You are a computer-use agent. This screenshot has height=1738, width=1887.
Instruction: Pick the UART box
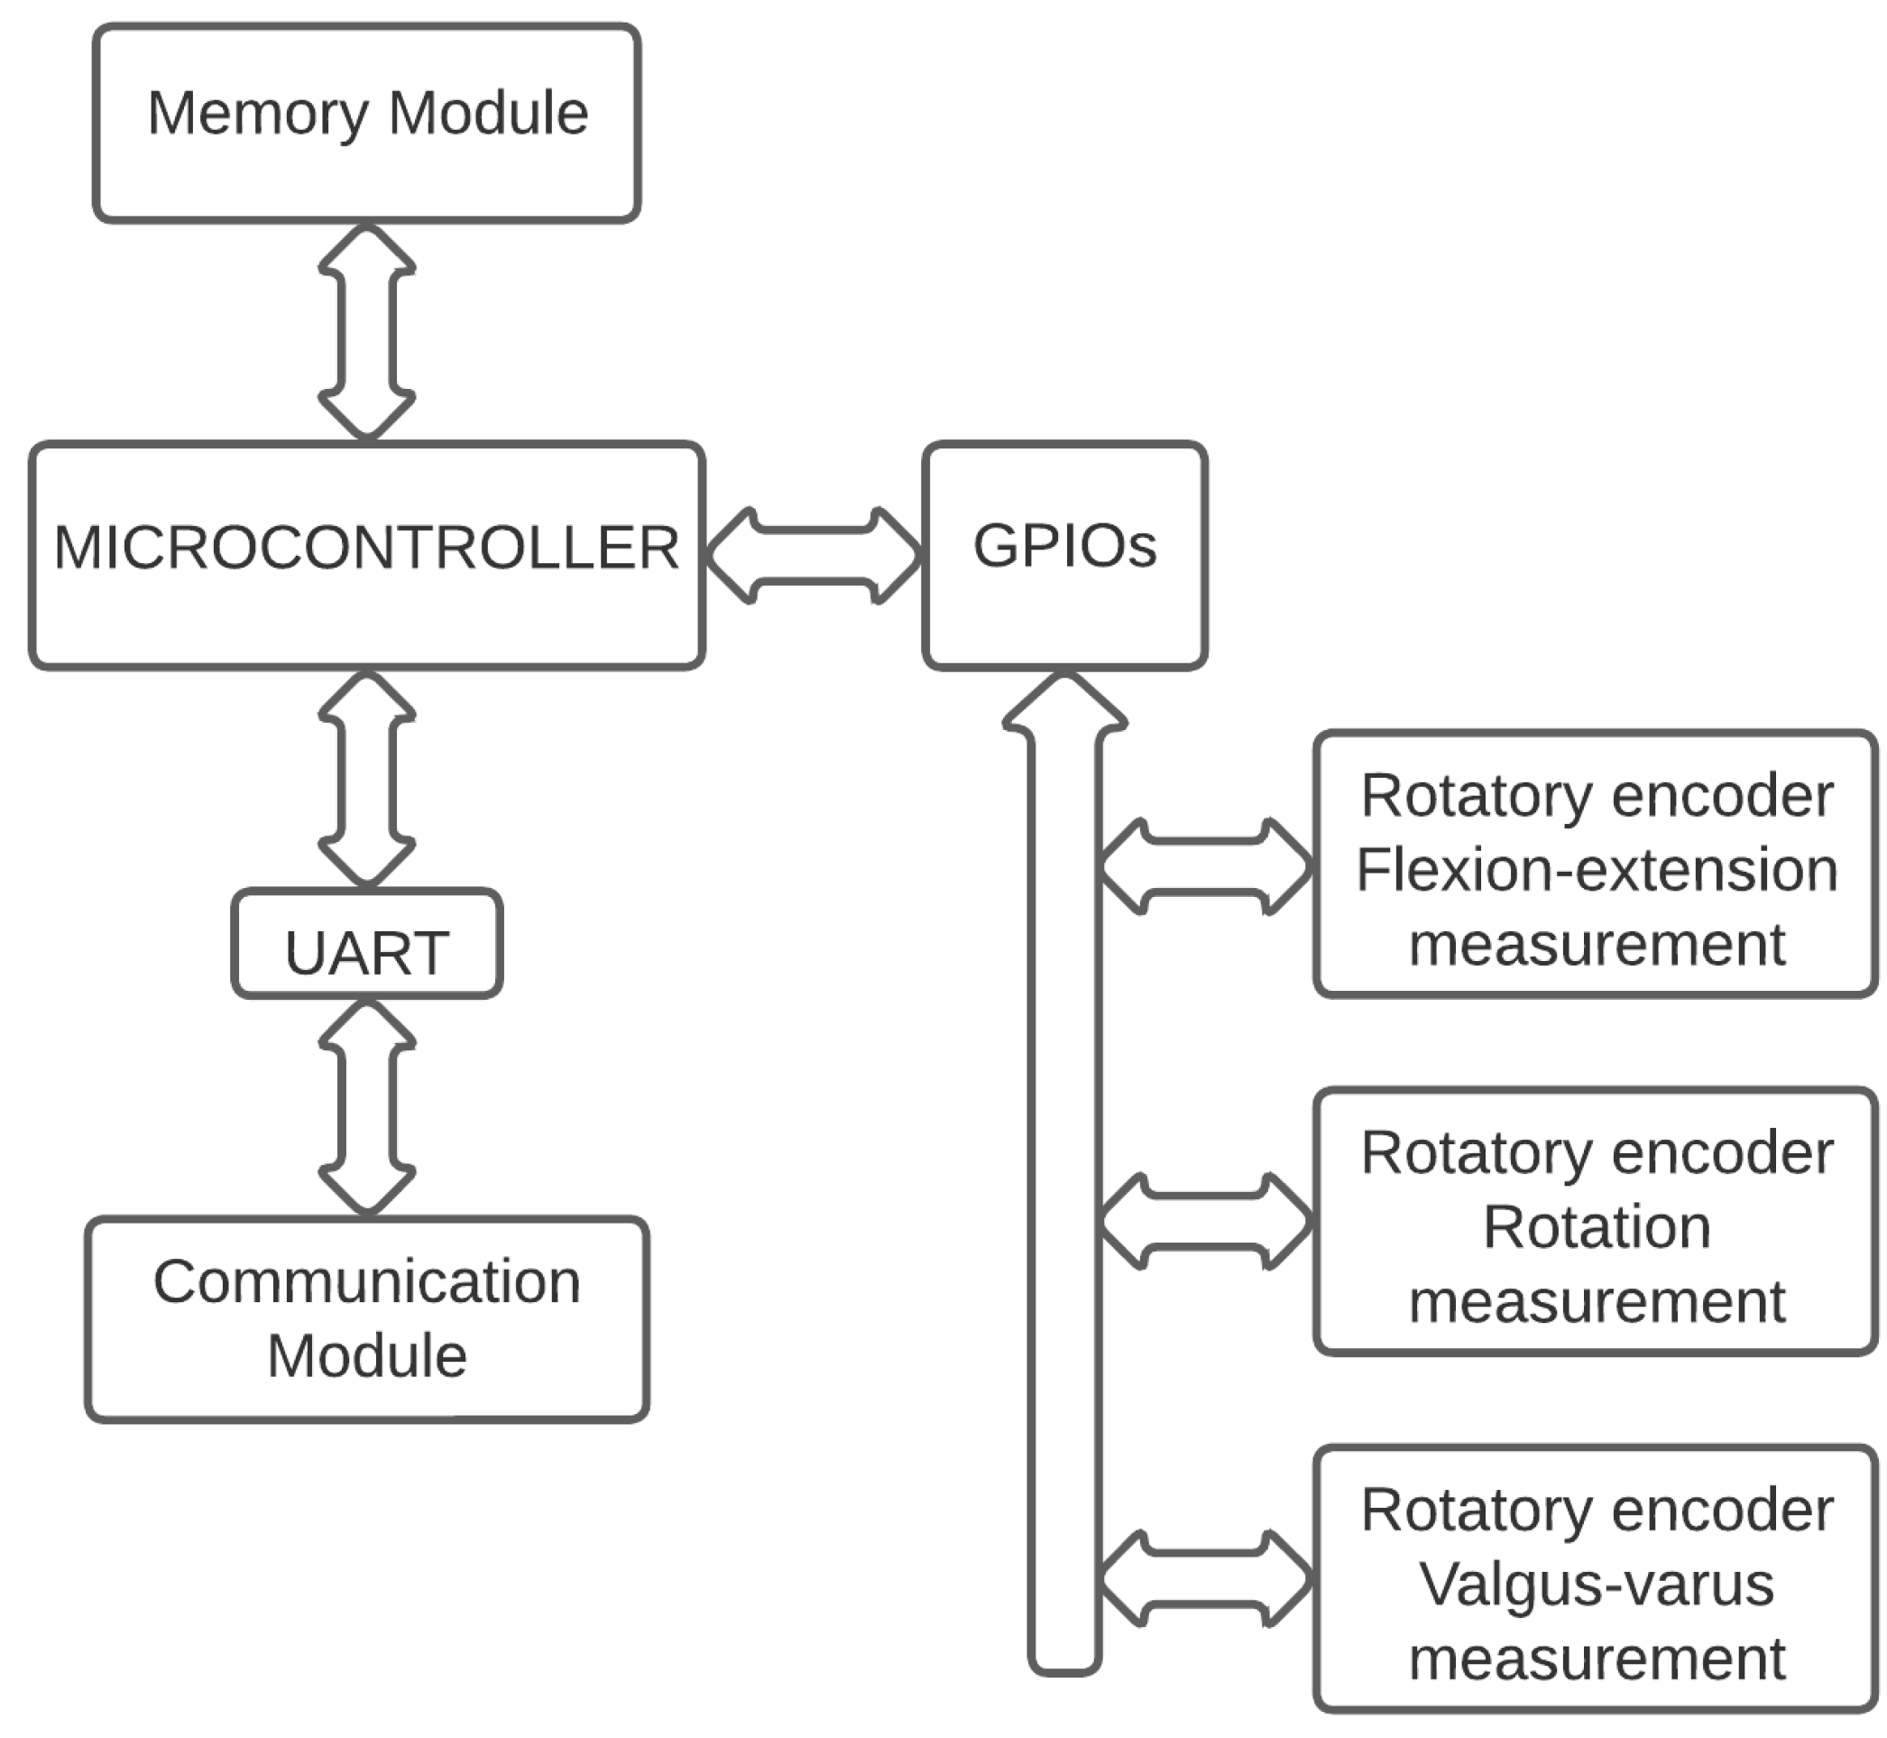[x=367, y=942]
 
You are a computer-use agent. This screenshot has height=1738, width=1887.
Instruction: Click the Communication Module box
[x=367, y=1318]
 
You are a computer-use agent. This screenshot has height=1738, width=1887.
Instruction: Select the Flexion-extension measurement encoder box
[x=1596, y=863]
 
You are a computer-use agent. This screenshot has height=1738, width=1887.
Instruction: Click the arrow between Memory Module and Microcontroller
[x=367, y=331]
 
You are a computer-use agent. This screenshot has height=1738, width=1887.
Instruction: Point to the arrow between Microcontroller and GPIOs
[x=814, y=555]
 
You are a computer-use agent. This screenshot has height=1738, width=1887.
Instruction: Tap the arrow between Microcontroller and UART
[x=367, y=779]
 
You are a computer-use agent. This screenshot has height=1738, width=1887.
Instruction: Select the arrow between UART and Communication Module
[x=367, y=1106]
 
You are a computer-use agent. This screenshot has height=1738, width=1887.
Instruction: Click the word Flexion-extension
[x=1596, y=870]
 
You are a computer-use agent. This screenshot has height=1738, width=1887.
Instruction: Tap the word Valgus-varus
[x=1596, y=1585]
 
